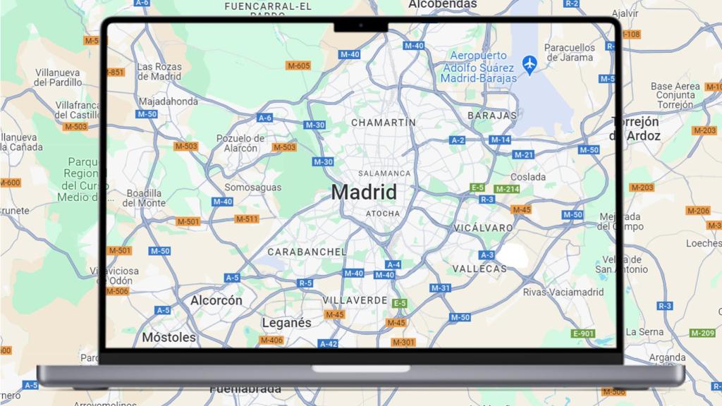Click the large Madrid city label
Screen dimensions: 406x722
(x=364, y=192)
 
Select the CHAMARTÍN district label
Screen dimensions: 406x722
(x=384, y=122)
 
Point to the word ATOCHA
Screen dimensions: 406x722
(x=383, y=214)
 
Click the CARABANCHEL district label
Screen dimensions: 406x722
(x=307, y=252)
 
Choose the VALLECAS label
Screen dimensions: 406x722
(x=479, y=269)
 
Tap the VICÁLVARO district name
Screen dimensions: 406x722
(x=484, y=228)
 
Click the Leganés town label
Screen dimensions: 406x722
(x=286, y=322)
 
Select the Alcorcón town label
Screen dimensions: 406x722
(x=216, y=300)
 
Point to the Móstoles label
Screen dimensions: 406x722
(x=169, y=338)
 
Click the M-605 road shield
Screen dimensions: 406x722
(x=298, y=66)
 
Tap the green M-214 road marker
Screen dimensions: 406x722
(x=507, y=189)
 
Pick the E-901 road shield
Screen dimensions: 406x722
(x=584, y=333)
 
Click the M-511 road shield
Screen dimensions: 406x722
(x=247, y=219)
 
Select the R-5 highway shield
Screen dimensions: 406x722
(x=305, y=283)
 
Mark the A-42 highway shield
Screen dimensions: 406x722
(x=328, y=344)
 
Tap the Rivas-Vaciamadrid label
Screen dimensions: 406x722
(x=563, y=292)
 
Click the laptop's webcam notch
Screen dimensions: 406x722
(x=360, y=26)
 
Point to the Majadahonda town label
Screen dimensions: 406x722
(x=168, y=101)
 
